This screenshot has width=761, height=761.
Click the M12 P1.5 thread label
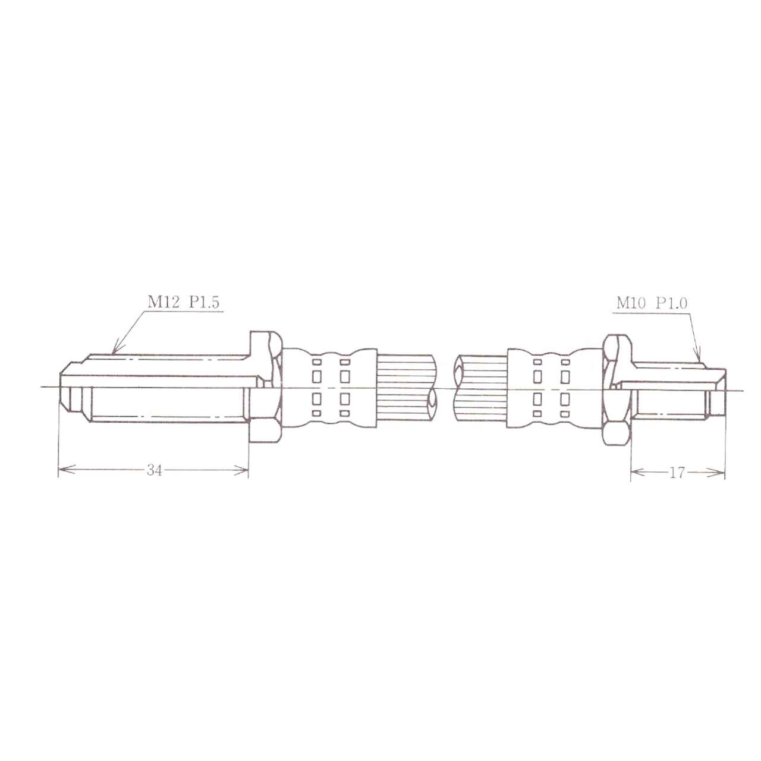point(183,302)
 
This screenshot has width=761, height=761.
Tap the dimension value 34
point(155,470)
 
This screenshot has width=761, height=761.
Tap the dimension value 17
point(677,473)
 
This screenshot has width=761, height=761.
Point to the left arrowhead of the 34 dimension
point(67,470)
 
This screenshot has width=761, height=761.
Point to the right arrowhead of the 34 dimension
point(241,470)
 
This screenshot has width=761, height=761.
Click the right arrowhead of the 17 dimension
point(716,473)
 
